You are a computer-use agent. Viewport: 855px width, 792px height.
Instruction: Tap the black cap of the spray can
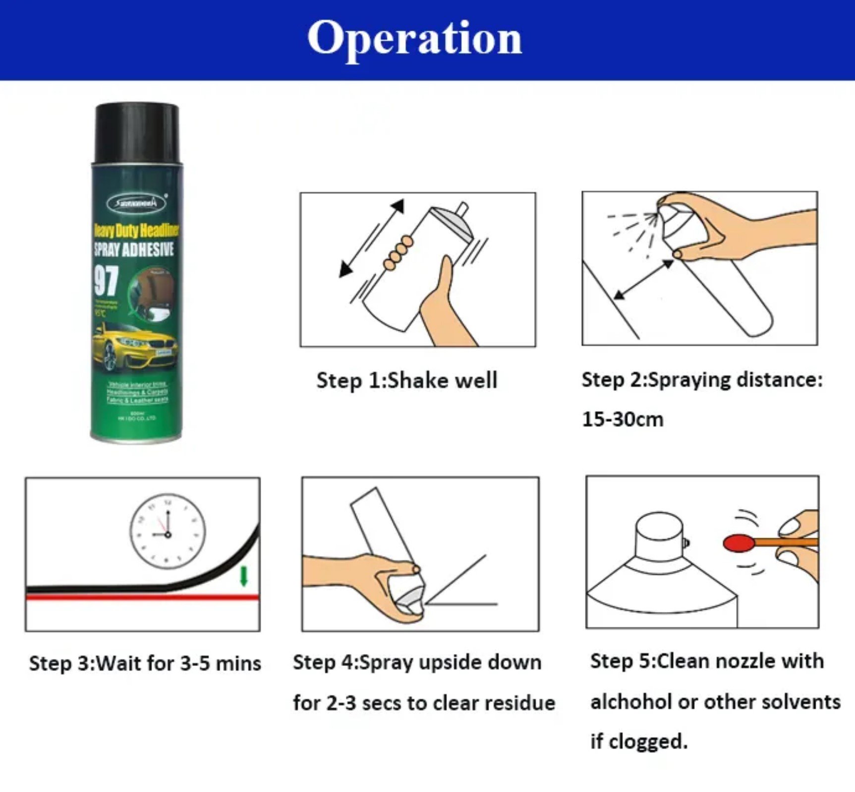click(137, 132)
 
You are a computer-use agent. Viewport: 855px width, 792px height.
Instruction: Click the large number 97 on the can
click(106, 280)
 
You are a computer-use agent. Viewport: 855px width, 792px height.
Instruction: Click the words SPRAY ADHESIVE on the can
click(134, 249)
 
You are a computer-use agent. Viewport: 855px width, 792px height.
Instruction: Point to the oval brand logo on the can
click(136, 203)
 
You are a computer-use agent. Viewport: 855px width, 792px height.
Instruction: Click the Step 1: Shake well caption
click(406, 380)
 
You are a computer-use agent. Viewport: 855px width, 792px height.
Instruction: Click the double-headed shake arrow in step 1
click(371, 239)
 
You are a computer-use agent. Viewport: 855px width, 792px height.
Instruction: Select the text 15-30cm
click(623, 420)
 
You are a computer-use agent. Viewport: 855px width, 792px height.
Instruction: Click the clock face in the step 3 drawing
click(168, 531)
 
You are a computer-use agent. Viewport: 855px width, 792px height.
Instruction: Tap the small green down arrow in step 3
click(243, 576)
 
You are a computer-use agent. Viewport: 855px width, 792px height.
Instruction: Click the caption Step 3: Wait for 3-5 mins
click(145, 664)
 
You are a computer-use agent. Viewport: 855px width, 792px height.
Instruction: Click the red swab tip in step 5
click(738, 543)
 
